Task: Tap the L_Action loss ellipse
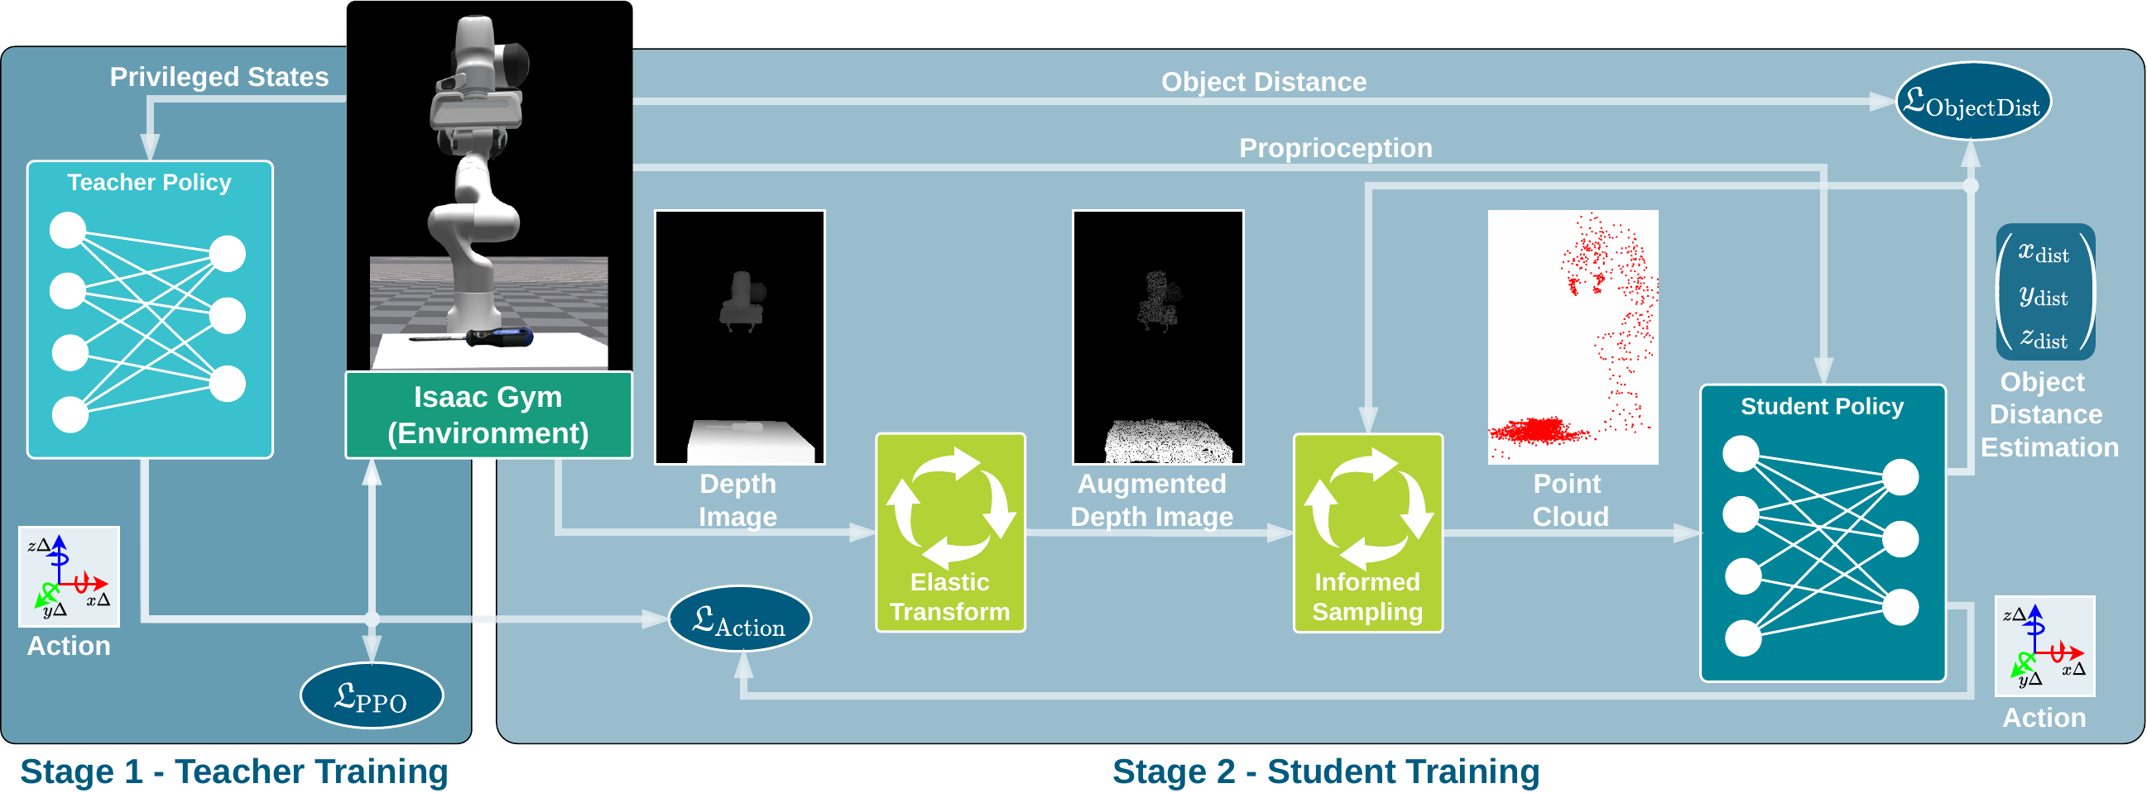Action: [x=739, y=619]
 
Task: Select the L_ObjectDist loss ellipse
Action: [x=1972, y=103]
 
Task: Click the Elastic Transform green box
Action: [x=950, y=533]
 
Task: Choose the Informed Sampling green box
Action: [x=1367, y=533]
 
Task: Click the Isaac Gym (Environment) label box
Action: [x=488, y=415]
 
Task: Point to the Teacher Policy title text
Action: [x=149, y=183]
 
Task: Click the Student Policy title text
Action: [x=1822, y=407]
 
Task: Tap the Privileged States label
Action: [x=219, y=77]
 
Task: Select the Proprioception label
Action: [x=1335, y=148]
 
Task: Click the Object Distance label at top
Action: [x=1264, y=82]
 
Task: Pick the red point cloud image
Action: [x=1573, y=337]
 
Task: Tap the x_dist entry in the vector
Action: [x=2044, y=252]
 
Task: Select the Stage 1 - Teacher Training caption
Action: [x=234, y=771]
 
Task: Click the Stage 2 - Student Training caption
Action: [x=1325, y=771]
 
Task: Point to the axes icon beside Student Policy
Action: [x=2044, y=646]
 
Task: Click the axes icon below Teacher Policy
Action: [x=70, y=576]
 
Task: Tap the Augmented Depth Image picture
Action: [x=1158, y=337]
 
